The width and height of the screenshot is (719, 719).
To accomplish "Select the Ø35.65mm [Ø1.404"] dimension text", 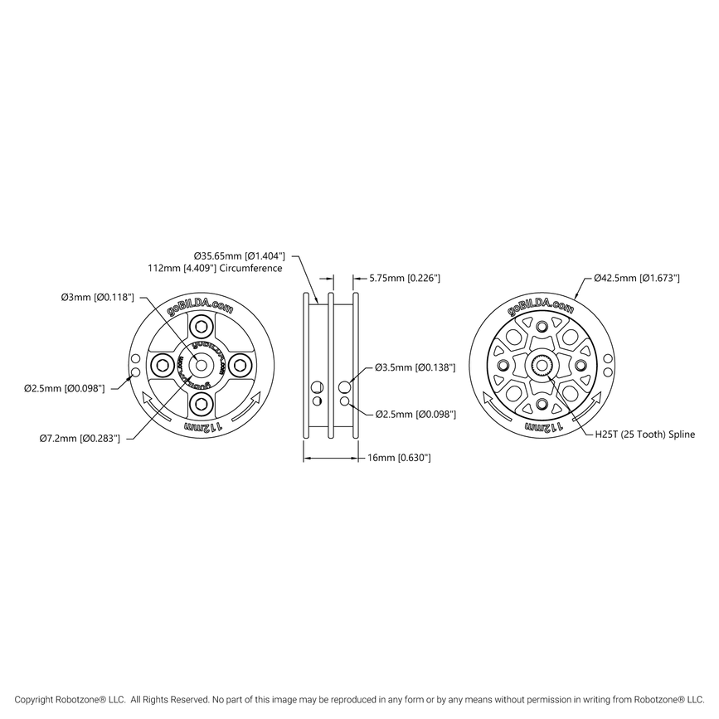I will (x=240, y=256).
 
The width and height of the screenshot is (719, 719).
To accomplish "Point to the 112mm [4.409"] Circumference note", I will (x=214, y=269).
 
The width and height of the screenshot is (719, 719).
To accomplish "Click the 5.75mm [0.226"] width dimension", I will (x=404, y=279).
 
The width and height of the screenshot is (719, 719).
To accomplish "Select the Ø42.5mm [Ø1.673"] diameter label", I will (x=637, y=279).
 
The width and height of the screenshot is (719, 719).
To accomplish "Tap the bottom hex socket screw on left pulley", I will (x=200, y=403).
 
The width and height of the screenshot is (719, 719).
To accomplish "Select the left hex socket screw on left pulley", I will (x=162, y=365).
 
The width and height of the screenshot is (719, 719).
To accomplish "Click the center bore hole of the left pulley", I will (x=200, y=365).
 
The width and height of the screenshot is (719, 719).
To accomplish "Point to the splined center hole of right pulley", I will (x=540, y=365).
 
